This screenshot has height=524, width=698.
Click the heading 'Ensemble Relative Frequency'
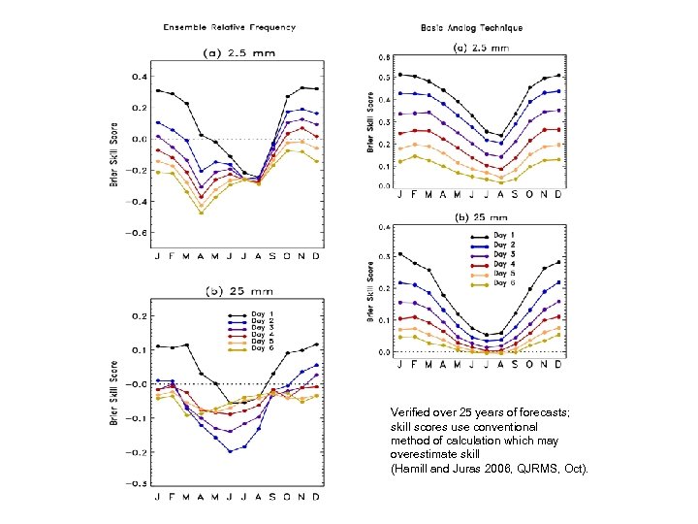[229, 27]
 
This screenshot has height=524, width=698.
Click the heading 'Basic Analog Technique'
[472, 28]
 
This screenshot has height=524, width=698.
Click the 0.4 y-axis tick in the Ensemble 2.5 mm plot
[139, 77]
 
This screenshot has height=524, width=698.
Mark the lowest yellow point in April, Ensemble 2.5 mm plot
[201, 213]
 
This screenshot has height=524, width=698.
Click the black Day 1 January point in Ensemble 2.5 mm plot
[158, 90]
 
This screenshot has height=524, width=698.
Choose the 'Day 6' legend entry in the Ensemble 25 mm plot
[258, 347]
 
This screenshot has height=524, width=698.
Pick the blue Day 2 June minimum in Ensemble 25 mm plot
[230, 451]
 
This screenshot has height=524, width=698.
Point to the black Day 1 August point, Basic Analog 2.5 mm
[500, 136]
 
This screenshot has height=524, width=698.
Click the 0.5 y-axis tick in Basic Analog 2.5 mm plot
[384, 78]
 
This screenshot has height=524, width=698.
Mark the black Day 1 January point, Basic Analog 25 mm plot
[400, 253]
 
